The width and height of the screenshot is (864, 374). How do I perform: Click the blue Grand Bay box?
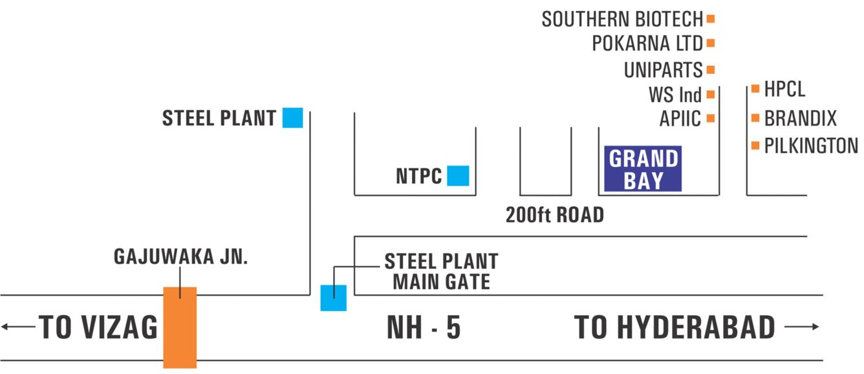tap(643, 169)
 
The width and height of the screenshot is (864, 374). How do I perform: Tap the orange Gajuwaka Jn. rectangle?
tap(179, 327)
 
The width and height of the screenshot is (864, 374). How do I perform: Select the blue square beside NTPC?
tap(458, 176)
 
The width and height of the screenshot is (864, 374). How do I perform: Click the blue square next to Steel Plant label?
tap(292, 118)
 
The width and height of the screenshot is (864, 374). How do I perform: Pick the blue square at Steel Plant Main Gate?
tap(334, 298)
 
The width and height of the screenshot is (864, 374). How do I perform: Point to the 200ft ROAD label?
tap(554, 215)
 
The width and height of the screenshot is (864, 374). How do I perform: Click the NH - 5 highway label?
tap(424, 328)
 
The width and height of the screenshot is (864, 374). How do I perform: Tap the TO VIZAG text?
tap(98, 328)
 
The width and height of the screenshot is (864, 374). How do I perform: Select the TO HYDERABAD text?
tap(675, 328)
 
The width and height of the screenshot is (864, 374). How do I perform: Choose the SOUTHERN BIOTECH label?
tap(623, 19)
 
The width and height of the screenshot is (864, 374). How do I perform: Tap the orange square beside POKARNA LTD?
tap(710, 43)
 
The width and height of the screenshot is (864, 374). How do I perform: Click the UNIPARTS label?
tap(663, 70)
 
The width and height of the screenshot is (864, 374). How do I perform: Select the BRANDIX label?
tap(800, 118)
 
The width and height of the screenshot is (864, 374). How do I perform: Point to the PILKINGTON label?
tap(811, 146)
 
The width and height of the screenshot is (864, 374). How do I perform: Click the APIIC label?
tap(680, 119)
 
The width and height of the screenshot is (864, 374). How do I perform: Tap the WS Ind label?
tap(675, 95)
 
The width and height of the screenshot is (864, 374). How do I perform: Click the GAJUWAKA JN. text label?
tap(181, 257)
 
